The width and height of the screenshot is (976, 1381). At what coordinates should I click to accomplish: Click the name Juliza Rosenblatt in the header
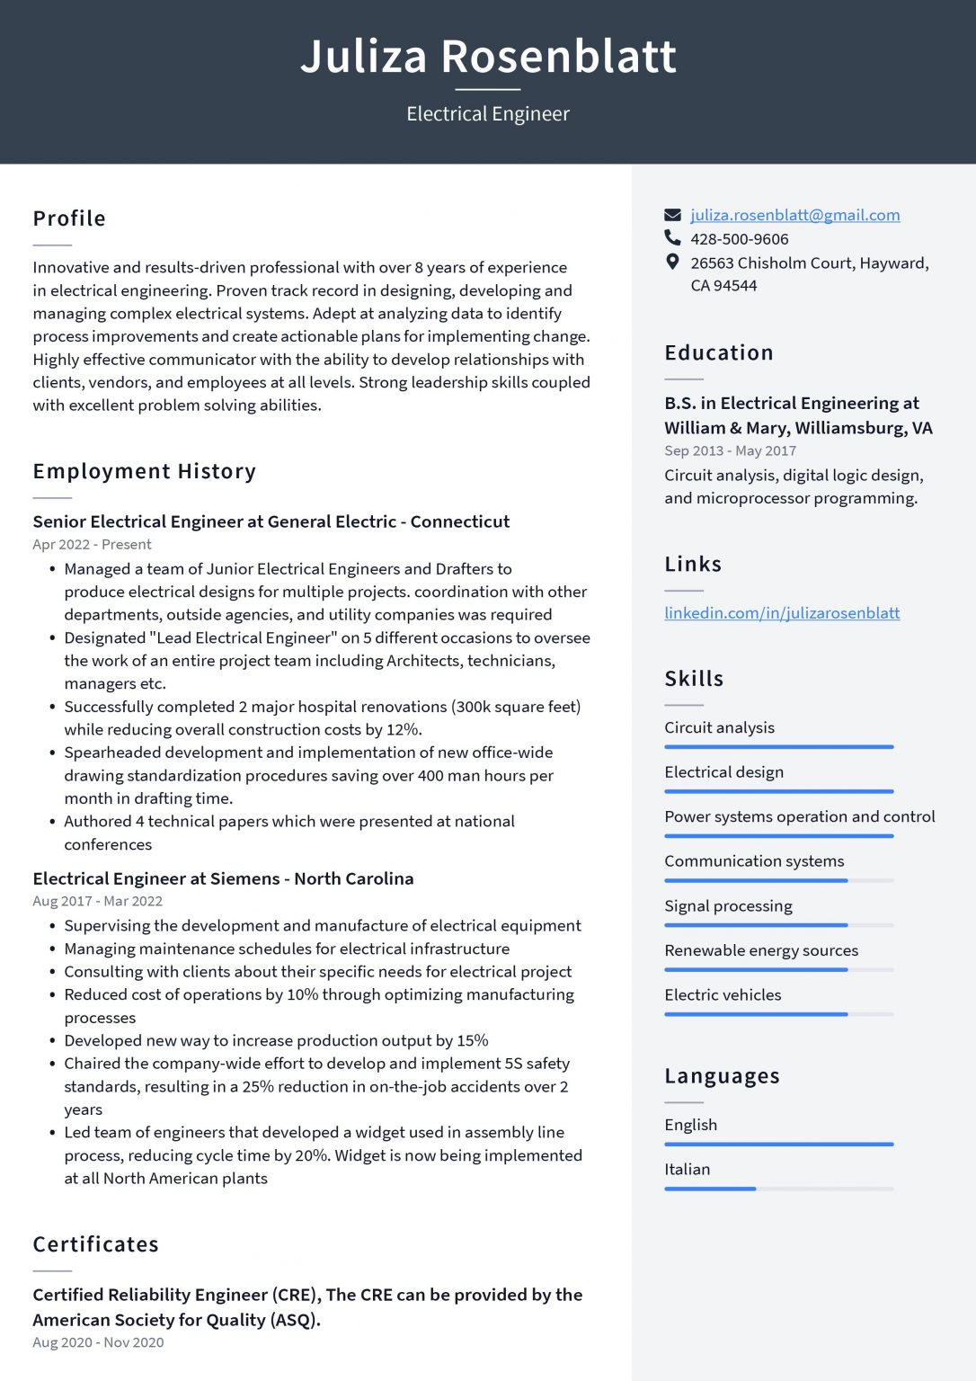tap(488, 56)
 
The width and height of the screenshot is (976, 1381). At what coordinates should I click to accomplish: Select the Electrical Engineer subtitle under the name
tap(488, 114)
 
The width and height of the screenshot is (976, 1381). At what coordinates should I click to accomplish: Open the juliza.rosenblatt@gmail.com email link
tap(794, 215)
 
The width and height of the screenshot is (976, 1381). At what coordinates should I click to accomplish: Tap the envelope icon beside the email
tap(672, 215)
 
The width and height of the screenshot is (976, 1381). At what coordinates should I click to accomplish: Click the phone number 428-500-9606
tap(739, 239)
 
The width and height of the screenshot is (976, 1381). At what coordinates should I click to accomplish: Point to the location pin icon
tap(672, 263)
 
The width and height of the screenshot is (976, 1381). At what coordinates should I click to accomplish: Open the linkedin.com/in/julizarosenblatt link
tap(782, 613)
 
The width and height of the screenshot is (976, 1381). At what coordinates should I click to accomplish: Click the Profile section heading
tap(69, 218)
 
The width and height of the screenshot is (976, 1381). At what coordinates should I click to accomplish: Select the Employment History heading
tap(145, 471)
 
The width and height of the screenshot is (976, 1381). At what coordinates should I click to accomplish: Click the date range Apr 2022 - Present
tap(92, 545)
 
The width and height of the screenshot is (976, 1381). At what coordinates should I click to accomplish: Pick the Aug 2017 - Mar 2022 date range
tap(97, 901)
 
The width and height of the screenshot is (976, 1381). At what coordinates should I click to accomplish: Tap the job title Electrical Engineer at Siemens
tap(223, 878)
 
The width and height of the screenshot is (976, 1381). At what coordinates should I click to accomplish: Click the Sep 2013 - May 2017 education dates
tap(730, 450)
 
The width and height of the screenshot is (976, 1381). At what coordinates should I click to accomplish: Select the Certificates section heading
tap(96, 1244)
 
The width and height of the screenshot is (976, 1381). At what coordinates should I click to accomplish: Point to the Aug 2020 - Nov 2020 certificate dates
tap(98, 1342)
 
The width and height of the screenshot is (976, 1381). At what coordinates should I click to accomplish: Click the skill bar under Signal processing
tap(778, 925)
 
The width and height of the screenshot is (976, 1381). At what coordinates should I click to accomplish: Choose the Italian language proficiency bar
tap(778, 1189)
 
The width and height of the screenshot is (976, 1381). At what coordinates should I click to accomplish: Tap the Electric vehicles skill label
tap(723, 995)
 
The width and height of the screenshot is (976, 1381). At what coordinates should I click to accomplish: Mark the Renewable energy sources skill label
tap(761, 950)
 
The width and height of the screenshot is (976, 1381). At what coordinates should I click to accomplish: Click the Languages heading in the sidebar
tap(722, 1076)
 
